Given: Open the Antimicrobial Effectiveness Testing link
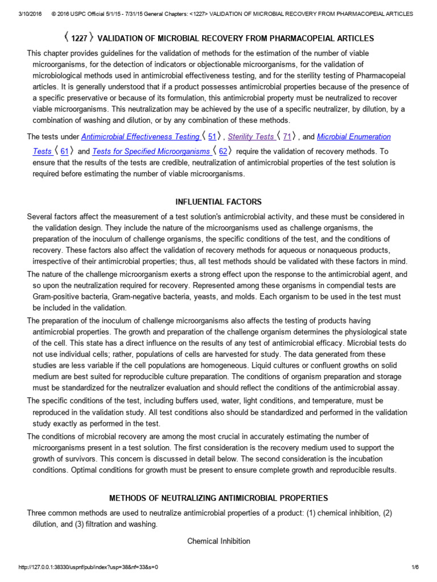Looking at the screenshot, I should [x=140, y=137].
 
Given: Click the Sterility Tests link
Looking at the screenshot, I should [x=251, y=137].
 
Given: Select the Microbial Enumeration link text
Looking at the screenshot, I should [x=353, y=137].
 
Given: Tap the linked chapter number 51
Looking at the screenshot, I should [x=212, y=137].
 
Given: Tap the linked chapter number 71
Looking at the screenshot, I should [x=287, y=137].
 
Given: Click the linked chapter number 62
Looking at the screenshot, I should [x=223, y=151].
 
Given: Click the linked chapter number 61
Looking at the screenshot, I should [x=64, y=151].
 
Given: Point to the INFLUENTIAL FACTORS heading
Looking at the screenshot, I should [x=218, y=202].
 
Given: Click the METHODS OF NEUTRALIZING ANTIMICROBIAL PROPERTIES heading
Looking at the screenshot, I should [x=218, y=498].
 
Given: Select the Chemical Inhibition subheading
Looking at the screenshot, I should [x=218, y=541].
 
